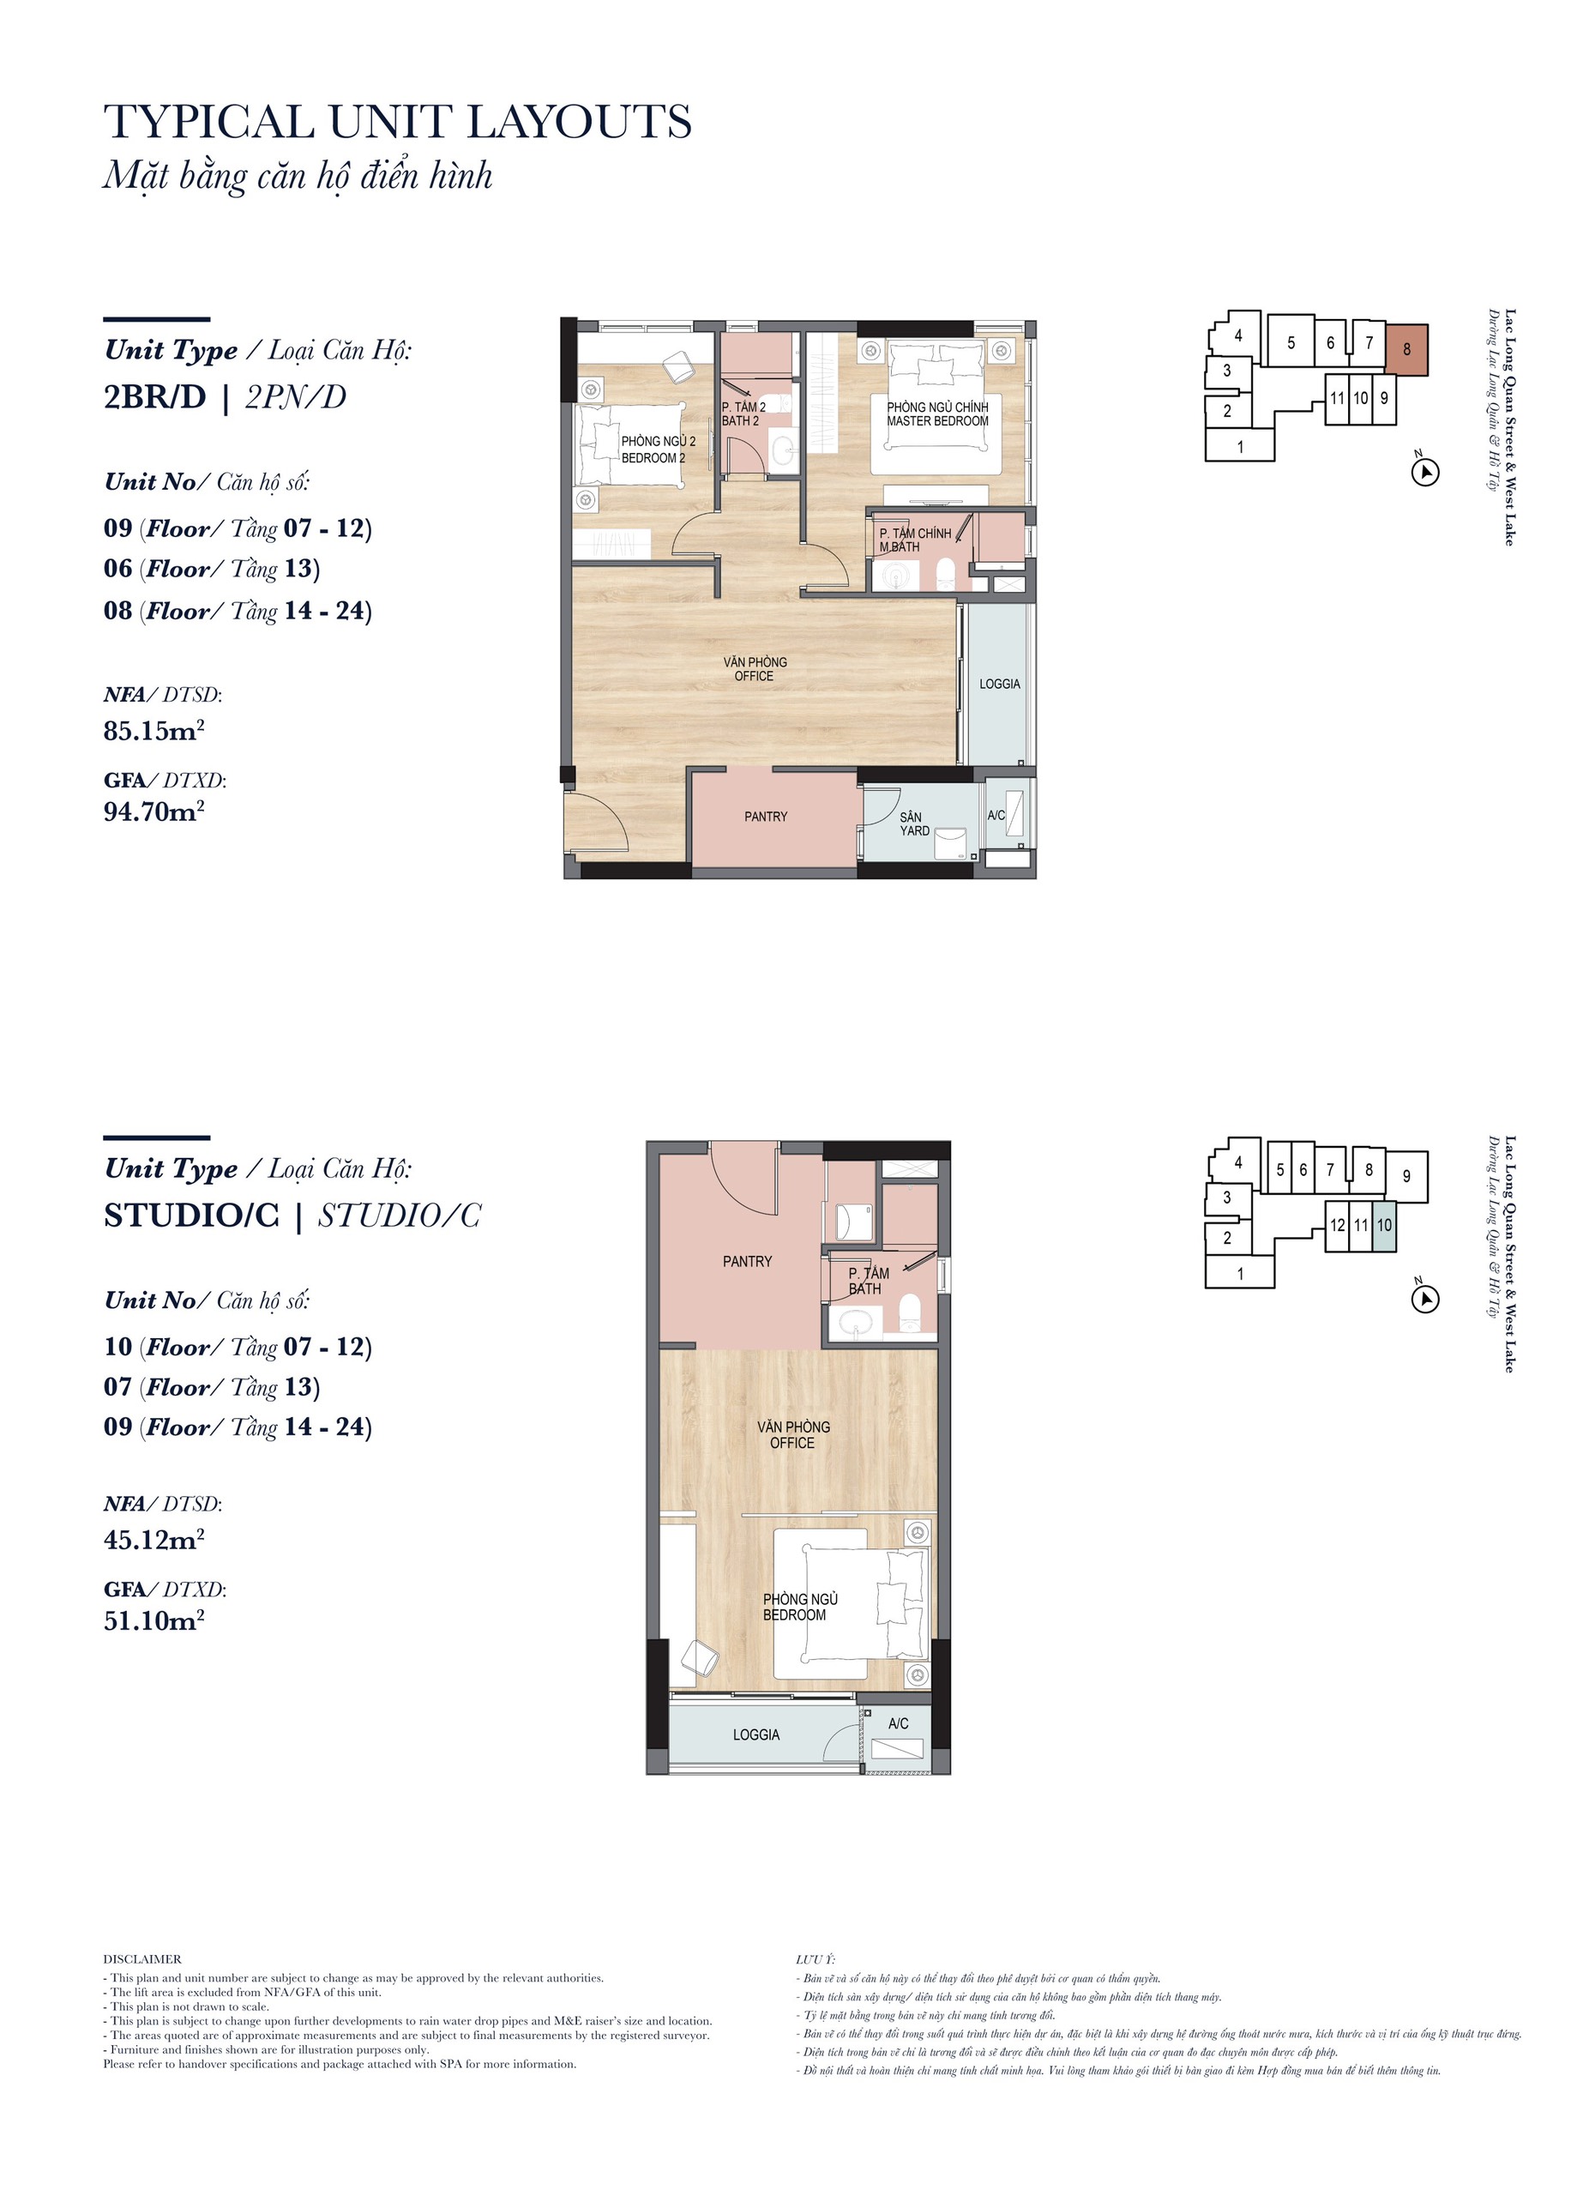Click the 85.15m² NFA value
[153, 730]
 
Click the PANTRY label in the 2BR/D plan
[766, 817]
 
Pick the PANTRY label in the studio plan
[747, 1261]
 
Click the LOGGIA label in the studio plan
[755, 1734]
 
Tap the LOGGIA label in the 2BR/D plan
[1000, 684]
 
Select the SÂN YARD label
[913, 824]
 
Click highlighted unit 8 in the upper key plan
[1406, 348]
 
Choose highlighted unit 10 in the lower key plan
[1384, 1226]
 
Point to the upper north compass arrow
[1425, 473]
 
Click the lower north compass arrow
[1425, 1300]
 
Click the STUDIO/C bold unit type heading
[191, 1216]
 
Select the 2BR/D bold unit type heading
[155, 397]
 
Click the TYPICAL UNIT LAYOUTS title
[398, 122]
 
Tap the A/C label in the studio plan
[898, 1723]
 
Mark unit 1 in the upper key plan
[1240, 446]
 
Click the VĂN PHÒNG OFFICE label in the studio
[792, 1434]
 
